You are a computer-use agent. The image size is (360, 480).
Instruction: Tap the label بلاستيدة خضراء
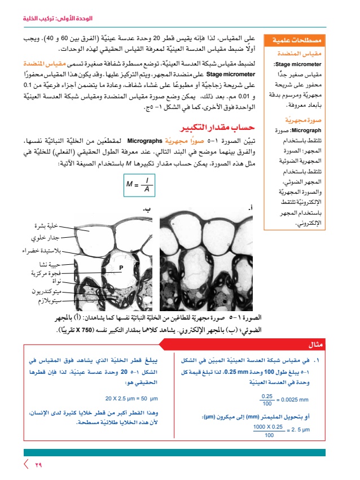pyautogui.click(x=41, y=251)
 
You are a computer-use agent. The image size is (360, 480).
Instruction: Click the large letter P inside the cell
pyautogui.click(x=120, y=267)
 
